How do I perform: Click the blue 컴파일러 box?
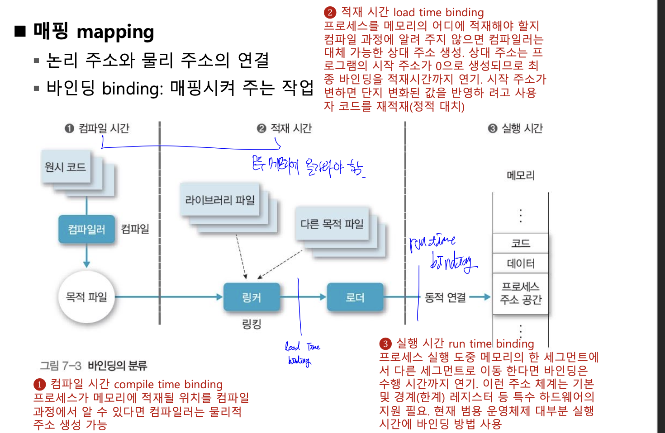pos(86,229)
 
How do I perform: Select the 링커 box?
pos(252,297)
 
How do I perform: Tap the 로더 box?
pos(355,297)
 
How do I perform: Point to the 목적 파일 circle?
pos(86,297)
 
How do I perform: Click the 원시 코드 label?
pos(65,167)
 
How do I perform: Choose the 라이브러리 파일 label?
pos(220,200)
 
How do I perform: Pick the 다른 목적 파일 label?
pos(332,224)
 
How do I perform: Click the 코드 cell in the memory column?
pos(520,244)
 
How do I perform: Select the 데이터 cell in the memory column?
pos(520,263)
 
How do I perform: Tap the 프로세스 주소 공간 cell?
pos(520,293)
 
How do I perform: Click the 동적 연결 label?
pos(445,297)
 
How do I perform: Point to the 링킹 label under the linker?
pos(252,324)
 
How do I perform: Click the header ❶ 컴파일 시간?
pos(97,128)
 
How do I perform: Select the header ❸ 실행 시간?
pos(516,128)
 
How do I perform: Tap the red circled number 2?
pos(330,13)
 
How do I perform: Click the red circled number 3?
pos(385,344)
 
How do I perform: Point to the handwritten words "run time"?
pos(432,242)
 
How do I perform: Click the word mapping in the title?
pos(115,32)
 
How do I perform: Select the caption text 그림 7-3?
pos(61,365)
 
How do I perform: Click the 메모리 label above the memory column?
pos(520,175)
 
